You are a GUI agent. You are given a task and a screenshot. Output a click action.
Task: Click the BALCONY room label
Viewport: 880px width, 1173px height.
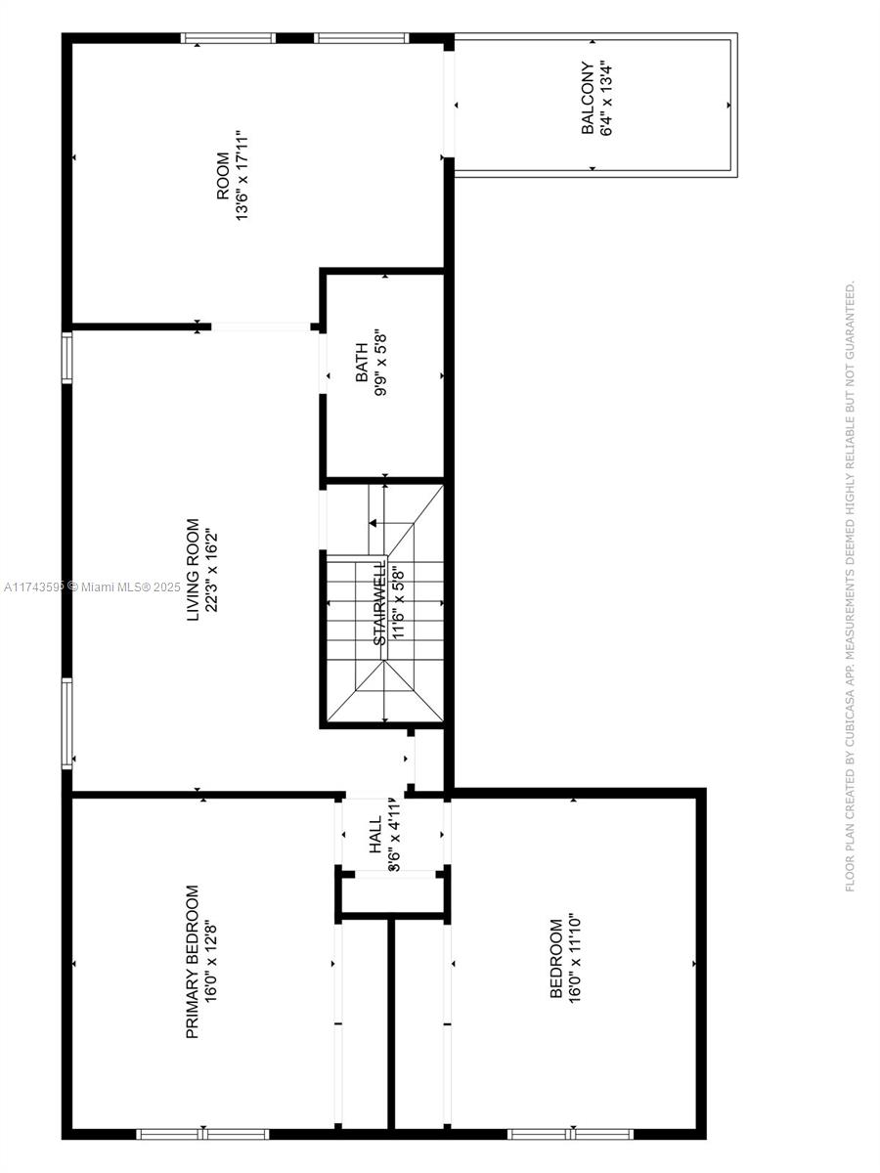pos(588,99)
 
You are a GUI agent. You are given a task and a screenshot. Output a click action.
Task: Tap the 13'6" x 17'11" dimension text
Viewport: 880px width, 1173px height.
pos(242,175)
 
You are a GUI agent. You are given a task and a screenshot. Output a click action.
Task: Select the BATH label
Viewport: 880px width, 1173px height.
pos(362,363)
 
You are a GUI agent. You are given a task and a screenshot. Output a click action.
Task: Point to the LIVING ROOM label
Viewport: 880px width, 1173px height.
pos(193,570)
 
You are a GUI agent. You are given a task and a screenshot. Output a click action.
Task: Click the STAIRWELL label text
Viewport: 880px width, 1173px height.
pos(378,602)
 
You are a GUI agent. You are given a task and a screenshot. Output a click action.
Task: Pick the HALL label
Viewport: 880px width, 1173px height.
pos(375,834)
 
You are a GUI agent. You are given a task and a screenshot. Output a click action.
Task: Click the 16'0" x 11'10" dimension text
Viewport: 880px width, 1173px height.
pos(574,958)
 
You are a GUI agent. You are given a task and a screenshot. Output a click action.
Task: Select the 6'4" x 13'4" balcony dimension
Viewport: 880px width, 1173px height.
pos(606,99)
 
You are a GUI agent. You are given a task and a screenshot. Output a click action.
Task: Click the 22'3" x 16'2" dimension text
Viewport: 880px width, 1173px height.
pos(212,570)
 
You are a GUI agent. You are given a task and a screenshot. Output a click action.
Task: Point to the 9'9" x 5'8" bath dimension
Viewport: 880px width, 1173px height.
pos(381,363)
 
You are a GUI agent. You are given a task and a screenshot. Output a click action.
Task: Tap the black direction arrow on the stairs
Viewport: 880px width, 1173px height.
pos(373,523)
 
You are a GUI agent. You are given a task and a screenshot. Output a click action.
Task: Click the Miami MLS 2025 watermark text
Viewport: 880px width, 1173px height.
pos(93,587)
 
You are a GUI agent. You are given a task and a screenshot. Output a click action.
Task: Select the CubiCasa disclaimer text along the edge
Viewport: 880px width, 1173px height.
pos(850,586)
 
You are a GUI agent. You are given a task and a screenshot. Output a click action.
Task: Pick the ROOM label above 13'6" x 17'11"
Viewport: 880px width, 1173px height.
pos(223,176)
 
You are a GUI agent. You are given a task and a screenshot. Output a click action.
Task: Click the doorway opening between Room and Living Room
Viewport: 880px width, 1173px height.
pos(261,327)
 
